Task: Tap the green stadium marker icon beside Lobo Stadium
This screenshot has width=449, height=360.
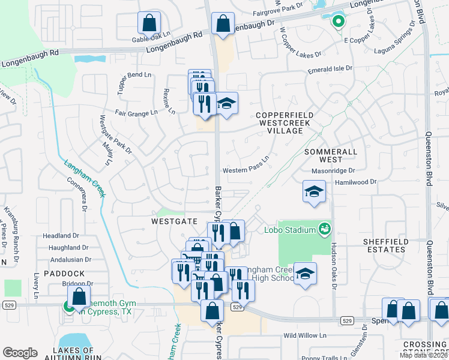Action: coord(324,229)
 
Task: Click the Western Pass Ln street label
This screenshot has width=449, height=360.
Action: coord(245,170)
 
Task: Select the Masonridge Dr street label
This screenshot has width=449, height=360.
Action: coord(334,170)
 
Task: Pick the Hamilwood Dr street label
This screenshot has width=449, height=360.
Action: coord(355,181)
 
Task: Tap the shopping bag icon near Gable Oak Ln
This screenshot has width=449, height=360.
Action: coord(148,23)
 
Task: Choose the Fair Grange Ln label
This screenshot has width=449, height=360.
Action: coord(137,112)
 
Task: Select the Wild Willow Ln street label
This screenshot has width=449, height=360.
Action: coord(304,335)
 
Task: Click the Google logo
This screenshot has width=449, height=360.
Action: coord(20,352)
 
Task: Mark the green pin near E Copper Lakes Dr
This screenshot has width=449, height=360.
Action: coord(338,22)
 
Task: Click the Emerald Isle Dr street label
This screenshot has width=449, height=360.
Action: coord(330,70)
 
